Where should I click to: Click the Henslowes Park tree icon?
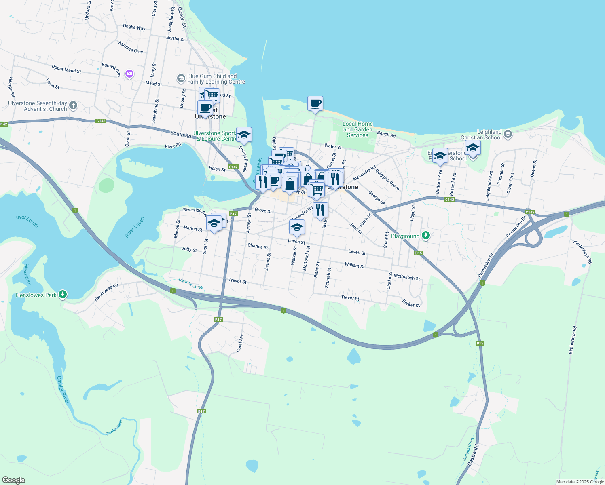point(62,295)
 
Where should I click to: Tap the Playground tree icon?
point(425,235)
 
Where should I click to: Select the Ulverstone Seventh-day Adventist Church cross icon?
point(73,105)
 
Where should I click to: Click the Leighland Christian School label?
point(481,135)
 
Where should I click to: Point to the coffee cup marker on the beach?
point(315,104)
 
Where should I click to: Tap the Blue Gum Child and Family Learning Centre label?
point(216,79)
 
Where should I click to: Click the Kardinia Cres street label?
point(130,47)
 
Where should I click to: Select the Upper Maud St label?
point(66,69)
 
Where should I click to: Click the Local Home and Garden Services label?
point(357,129)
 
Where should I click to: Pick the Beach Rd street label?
point(386,134)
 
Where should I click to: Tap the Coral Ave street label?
point(240,342)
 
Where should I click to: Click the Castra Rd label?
point(473,455)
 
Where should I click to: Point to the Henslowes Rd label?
point(106,292)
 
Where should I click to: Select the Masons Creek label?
point(190,284)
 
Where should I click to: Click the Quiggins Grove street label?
point(387,179)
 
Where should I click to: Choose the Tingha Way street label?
point(133,27)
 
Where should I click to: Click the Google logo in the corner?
point(14,480)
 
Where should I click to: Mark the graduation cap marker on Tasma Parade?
point(243,135)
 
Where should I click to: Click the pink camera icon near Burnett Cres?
point(129,74)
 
